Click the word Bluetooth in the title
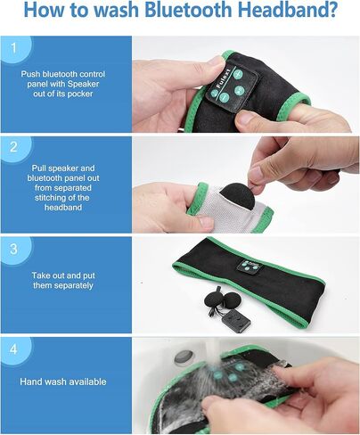coord(188,10)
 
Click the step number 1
coord(13,48)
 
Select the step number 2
coord(13,147)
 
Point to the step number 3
coord(13,249)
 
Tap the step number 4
coord(13,349)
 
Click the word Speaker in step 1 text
coord(83,84)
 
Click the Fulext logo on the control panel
coord(224,78)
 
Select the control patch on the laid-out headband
coord(248,266)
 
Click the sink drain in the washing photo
coord(184,357)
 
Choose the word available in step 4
coord(86,382)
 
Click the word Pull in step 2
coord(39,168)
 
